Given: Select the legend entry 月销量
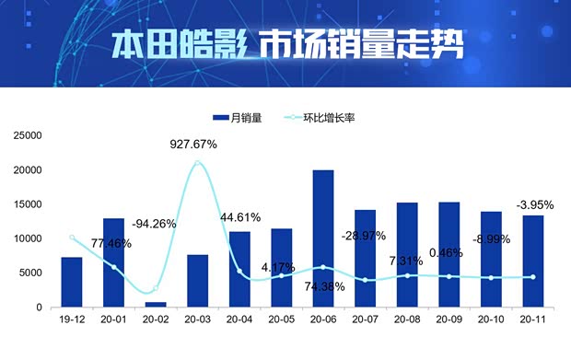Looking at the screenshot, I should pos(238,118).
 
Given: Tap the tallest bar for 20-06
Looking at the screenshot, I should pos(323,238).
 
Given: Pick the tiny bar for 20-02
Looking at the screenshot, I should pos(156,304).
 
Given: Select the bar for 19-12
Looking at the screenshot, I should pos(72,282).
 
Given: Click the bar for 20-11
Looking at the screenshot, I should pos(532,261).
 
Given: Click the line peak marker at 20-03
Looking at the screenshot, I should pos(197,163).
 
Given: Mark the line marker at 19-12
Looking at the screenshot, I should pos(72,238).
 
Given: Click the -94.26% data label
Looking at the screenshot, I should pos(154,224).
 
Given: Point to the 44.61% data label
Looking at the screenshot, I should pos(239,217).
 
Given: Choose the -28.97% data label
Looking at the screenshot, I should pos(366,237).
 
